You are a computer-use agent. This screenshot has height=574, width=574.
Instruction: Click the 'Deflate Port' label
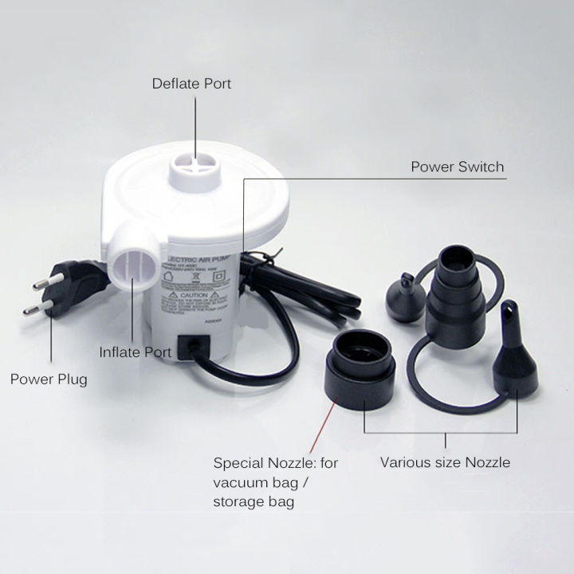192,83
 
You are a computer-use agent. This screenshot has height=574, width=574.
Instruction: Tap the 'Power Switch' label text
457,167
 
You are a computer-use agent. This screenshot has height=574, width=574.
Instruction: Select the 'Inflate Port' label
136,351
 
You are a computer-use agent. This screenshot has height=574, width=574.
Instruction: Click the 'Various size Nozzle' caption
445,462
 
